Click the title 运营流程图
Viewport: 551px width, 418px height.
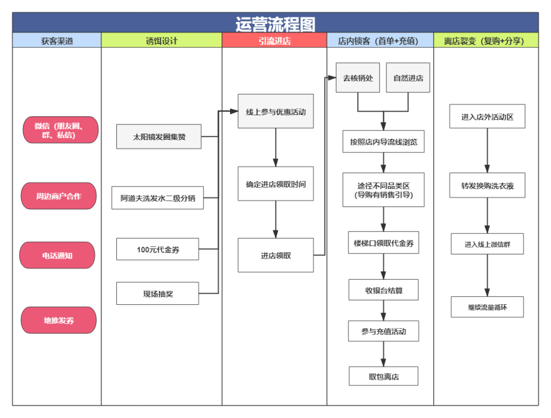pyautogui.click(x=275, y=23)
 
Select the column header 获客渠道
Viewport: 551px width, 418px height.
pyautogui.click(x=57, y=41)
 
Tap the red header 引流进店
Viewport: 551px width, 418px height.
pyautogui.click(x=274, y=41)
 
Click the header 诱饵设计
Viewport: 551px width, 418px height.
pyautogui.click(x=161, y=41)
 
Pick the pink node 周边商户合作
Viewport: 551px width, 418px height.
pyautogui.click(x=59, y=196)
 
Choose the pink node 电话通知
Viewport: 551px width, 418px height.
pyautogui.click(x=57, y=255)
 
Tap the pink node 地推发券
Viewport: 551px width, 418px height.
pyautogui.click(x=59, y=320)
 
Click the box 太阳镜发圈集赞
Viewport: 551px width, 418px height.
pyautogui.click(x=159, y=137)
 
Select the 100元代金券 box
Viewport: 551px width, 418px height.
pyautogui.click(x=158, y=249)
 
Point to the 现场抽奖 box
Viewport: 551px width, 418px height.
pyautogui.click(x=158, y=294)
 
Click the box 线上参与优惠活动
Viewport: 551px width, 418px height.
pyautogui.click(x=275, y=112)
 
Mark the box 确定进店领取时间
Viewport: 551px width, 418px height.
pyautogui.click(x=275, y=184)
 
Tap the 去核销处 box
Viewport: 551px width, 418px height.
pyautogui.click(x=358, y=78)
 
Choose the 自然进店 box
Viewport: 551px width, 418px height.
pyautogui.click(x=408, y=78)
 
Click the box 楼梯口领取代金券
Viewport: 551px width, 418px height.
pyautogui.click(x=384, y=243)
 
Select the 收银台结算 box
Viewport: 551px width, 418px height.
pyautogui.click(x=384, y=290)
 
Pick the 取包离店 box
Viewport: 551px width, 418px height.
pyautogui.click(x=384, y=376)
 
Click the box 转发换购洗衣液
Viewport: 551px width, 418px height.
pyautogui.click(x=487, y=186)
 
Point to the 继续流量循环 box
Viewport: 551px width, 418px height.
pyautogui.click(x=487, y=307)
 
